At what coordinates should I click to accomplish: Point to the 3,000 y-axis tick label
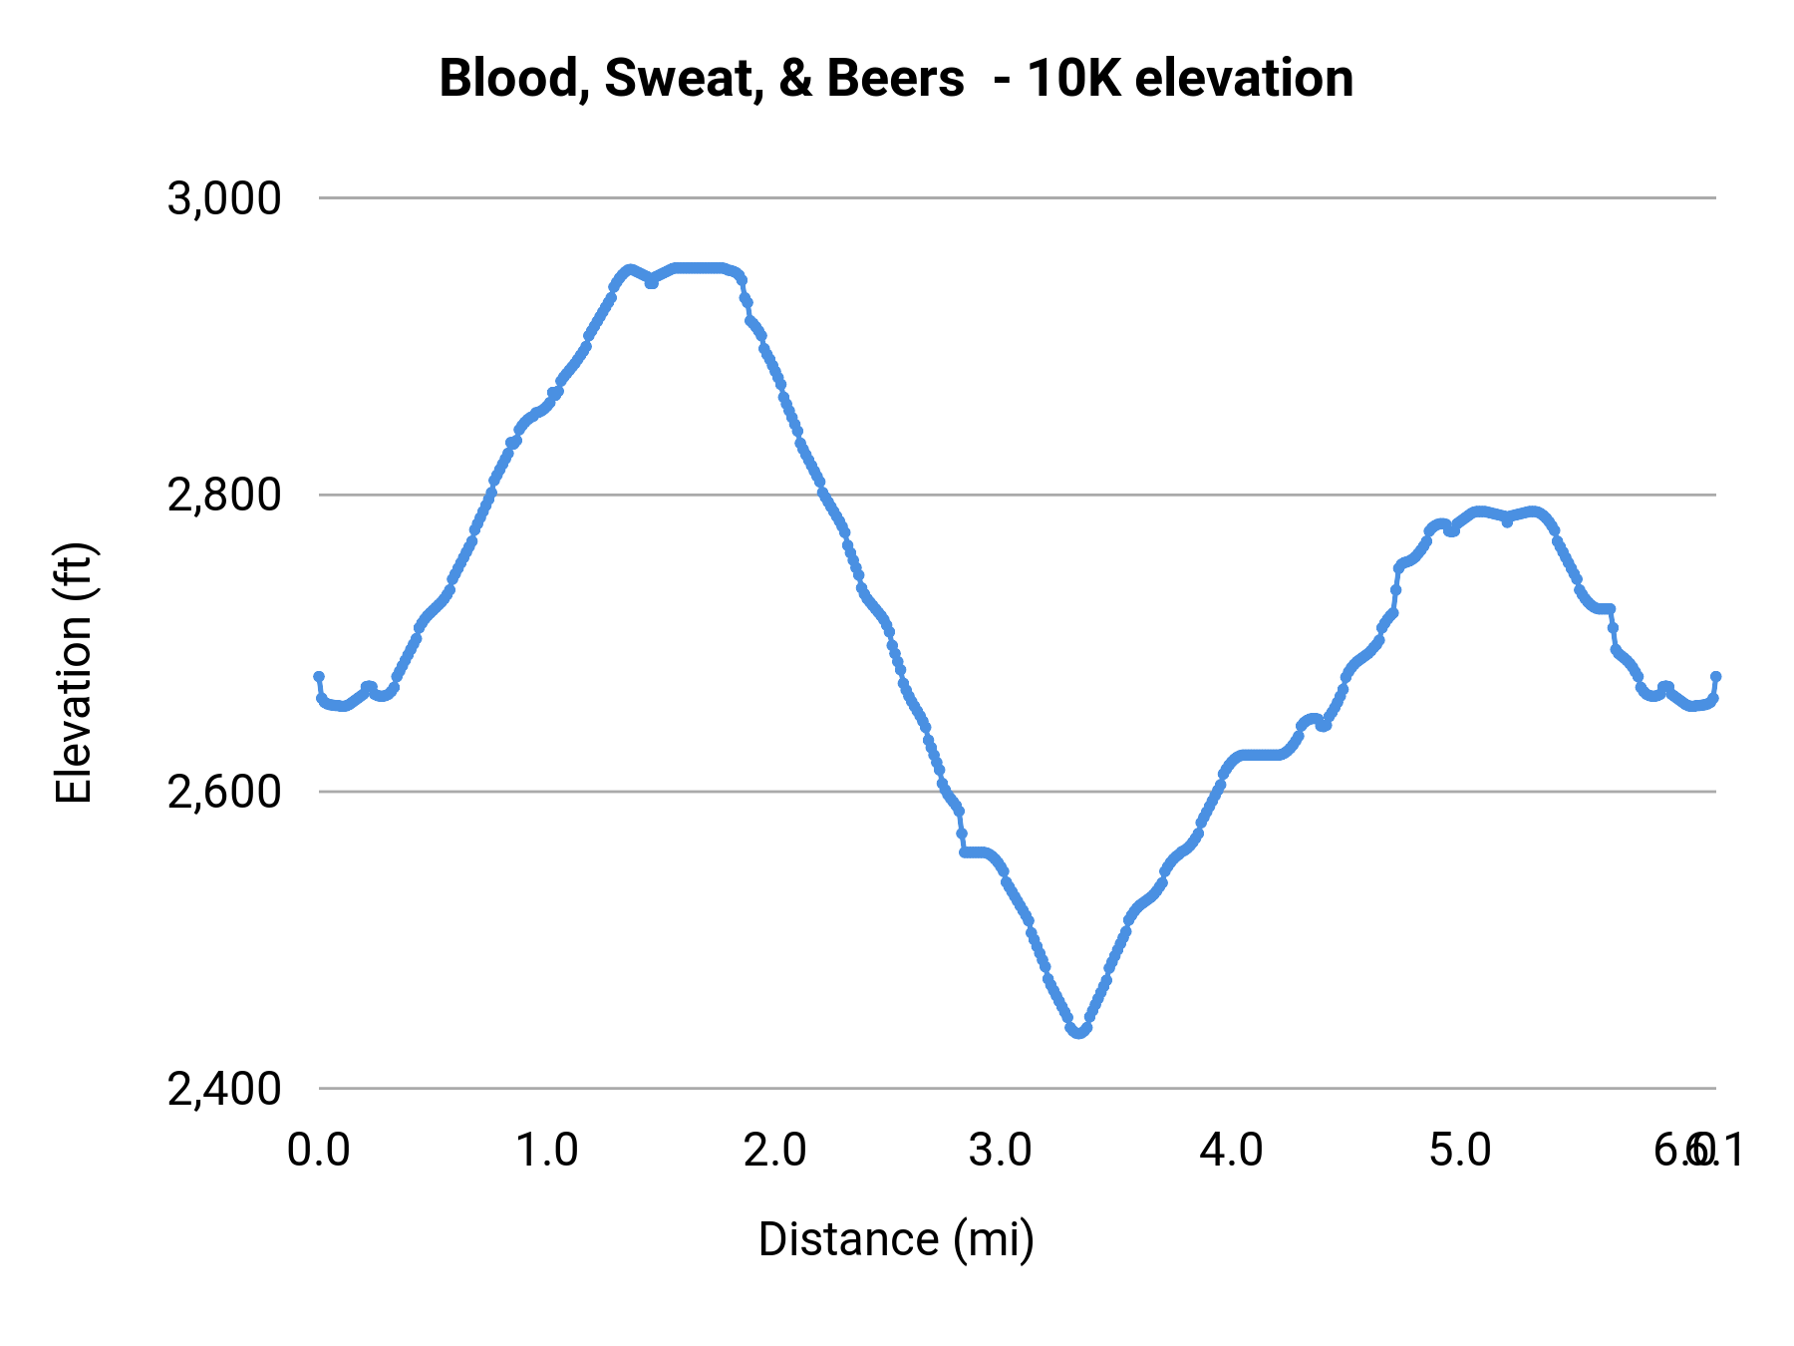click(224, 198)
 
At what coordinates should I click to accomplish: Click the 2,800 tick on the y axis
click(224, 495)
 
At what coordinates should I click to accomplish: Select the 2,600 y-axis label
click(224, 792)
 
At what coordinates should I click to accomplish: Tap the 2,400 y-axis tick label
click(224, 1089)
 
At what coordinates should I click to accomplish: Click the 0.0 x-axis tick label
click(318, 1151)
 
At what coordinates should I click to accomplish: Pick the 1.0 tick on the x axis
click(546, 1151)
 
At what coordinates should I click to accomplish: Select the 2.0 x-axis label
click(774, 1151)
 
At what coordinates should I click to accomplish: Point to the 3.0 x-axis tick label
click(1001, 1151)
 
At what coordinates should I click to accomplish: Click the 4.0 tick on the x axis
click(1231, 1151)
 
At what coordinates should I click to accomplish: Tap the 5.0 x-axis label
click(1459, 1151)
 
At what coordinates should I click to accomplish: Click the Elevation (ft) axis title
click(74, 673)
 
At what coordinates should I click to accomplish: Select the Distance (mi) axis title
click(896, 1239)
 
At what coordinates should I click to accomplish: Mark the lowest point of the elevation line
click(1078, 1032)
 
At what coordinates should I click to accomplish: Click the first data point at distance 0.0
click(319, 677)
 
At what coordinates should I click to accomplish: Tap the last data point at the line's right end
click(1716, 677)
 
